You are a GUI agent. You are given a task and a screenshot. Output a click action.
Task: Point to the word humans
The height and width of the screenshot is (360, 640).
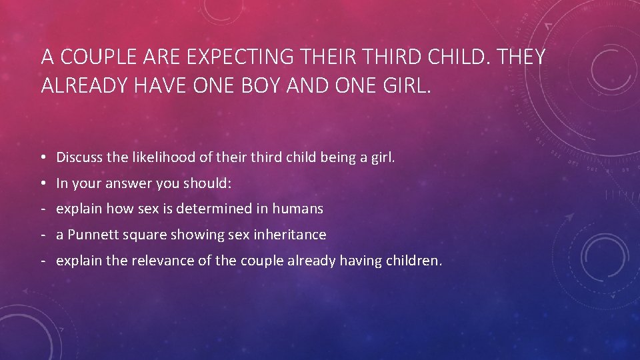click(297, 209)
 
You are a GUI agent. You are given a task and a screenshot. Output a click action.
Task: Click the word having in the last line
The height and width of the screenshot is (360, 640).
click(361, 261)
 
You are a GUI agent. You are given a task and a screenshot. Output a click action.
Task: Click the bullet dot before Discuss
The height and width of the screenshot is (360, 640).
click(42, 159)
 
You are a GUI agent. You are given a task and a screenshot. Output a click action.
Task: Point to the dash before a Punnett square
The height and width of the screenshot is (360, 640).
click(42, 235)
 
